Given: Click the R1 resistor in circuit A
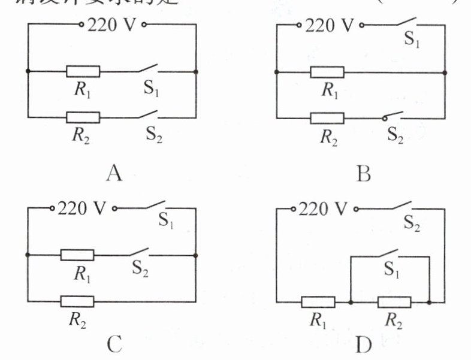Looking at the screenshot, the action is click(83, 71).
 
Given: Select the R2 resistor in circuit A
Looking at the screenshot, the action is click(83, 117).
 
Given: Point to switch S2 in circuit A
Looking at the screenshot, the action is click(147, 114).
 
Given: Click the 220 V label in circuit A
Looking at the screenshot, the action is click(111, 25).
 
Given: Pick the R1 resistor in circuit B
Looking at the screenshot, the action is click(327, 72).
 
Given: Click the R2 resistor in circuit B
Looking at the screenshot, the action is click(327, 117).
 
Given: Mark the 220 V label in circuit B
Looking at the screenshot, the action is click(330, 25).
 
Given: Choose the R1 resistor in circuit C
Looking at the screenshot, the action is click(77, 255).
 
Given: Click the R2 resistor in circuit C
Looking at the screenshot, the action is click(77, 301).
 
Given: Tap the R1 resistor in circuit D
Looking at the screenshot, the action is click(318, 302).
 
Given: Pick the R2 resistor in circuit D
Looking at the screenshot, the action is click(394, 302).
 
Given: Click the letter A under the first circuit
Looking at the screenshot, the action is click(114, 173).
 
